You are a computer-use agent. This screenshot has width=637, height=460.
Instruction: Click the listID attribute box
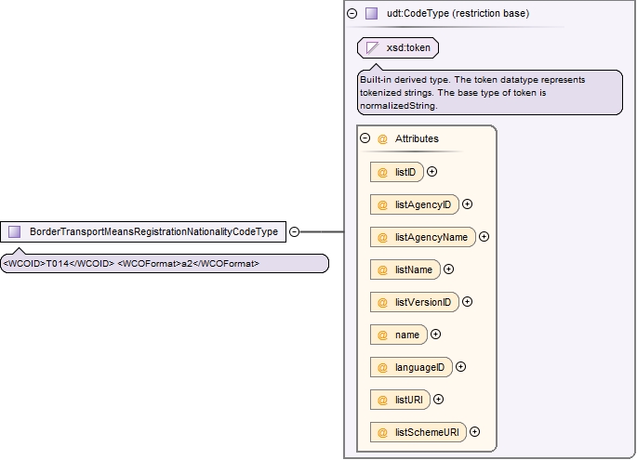click(396, 172)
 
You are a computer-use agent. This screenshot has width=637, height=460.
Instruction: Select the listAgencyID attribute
click(415, 204)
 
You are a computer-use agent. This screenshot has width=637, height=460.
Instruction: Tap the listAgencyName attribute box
click(422, 237)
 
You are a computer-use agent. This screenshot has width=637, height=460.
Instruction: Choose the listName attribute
click(405, 269)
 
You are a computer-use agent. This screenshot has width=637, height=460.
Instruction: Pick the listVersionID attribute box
click(415, 302)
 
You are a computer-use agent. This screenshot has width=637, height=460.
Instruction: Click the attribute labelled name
click(399, 335)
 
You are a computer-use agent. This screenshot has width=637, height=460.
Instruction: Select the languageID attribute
click(411, 367)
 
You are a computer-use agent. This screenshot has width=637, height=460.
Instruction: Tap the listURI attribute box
click(400, 400)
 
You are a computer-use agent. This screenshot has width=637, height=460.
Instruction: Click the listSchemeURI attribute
click(418, 432)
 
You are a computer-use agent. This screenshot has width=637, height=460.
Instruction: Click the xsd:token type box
click(398, 48)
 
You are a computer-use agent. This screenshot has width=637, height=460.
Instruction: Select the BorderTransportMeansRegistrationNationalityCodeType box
click(143, 231)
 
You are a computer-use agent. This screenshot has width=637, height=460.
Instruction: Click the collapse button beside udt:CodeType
click(352, 13)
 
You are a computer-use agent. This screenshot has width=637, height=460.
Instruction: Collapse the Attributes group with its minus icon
click(365, 138)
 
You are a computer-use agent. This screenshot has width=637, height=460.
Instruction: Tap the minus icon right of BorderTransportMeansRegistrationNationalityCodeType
click(294, 231)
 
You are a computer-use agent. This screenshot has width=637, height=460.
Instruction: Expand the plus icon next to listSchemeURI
click(474, 431)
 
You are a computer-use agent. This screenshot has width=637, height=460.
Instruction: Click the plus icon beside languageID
click(460, 367)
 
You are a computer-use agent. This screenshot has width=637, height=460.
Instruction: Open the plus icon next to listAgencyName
click(484, 237)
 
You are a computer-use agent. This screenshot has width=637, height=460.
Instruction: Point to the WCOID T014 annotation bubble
click(165, 264)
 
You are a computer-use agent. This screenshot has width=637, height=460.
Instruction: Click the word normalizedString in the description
click(398, 106)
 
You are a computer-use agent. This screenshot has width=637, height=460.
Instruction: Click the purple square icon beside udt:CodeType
click(371, 13)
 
